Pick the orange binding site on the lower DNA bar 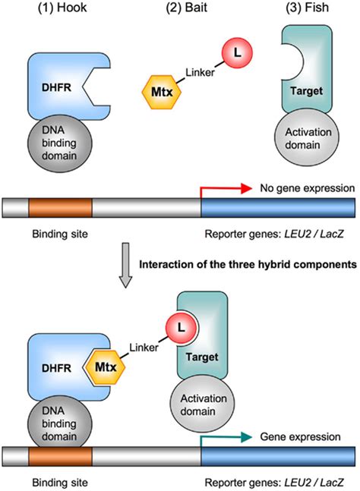point(60,455)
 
